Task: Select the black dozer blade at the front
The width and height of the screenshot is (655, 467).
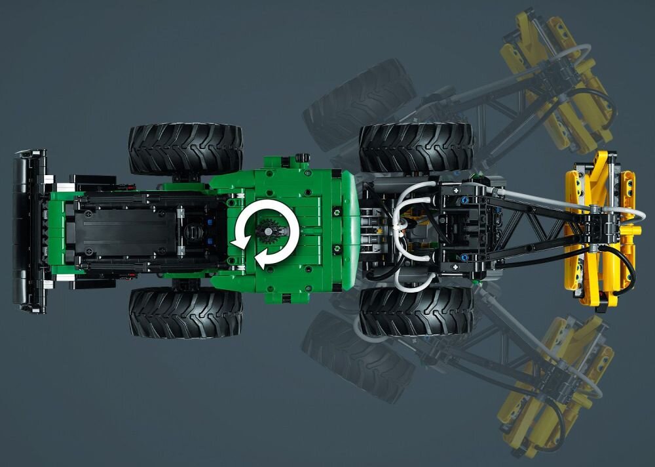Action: pyautogui.click(x=29, y=230)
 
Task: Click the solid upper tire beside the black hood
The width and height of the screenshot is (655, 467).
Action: pyautogui.click(x=185, y=149)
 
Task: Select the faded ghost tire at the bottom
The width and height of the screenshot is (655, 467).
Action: pyautogui.click(x=357, y=357)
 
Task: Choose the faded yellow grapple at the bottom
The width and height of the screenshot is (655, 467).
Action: pyautogui.click(x=557, y=380)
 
